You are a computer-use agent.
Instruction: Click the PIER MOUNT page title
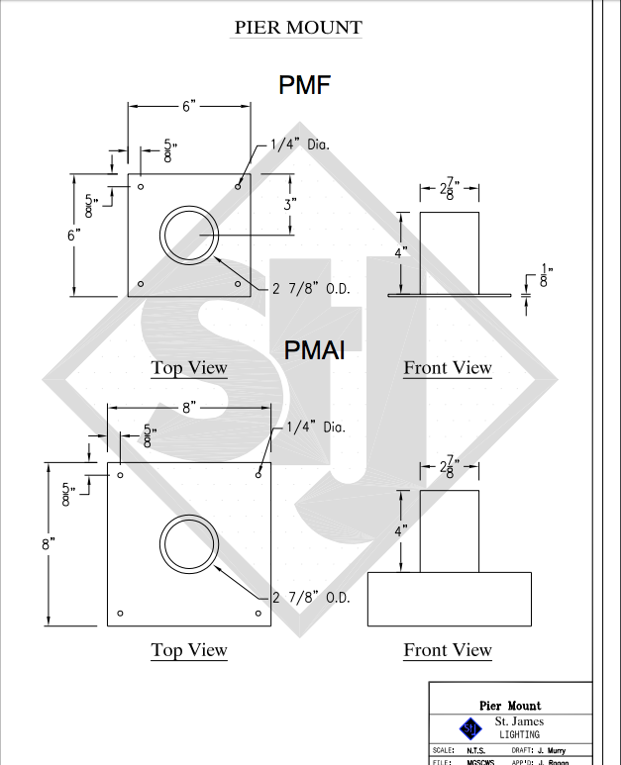tap(297, 28)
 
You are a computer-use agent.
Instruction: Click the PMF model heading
tap(304, 85)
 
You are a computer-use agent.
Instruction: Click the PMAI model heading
tap(314, 349)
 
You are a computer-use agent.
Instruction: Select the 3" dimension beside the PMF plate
tap(290, 204)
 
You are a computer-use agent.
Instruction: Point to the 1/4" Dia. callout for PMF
tap(299, 144)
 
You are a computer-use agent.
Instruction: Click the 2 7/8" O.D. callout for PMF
tap(311, 289)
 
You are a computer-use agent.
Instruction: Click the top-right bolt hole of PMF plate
tap(238, 185)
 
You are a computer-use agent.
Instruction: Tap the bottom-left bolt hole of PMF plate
tap(141, 284)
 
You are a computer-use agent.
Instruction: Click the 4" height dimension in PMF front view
tap(400, 253)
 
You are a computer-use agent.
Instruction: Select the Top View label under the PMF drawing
tap(189, 368)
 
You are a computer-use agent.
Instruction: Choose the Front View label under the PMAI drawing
tap(448, 650)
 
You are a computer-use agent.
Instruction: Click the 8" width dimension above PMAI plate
tap(189, 407)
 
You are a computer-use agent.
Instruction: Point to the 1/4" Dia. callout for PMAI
tap(315, 427)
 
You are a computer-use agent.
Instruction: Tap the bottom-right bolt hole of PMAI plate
tap(259, 614)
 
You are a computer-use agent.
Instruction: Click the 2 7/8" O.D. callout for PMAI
tap(311, 598)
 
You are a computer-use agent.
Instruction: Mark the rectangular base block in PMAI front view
tap(449, 599)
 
